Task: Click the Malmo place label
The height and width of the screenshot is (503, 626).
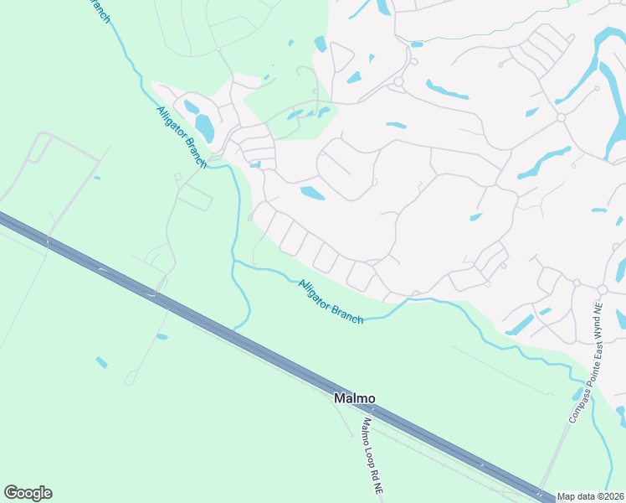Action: click(x=355, y=398)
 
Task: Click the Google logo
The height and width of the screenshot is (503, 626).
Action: click(x=28, y=493)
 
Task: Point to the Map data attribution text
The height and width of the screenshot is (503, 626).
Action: click(x=590, y=496)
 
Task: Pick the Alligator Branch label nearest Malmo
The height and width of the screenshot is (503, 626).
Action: click(x=331, y=302)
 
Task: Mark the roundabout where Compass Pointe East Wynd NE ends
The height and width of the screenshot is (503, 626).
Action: click(x=601, y=289)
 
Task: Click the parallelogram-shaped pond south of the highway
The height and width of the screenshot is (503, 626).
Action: click(x=101, y=362)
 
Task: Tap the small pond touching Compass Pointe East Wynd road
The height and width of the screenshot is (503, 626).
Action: click(x=577, y=394)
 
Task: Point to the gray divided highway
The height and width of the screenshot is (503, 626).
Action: click(x=251, y=345)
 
